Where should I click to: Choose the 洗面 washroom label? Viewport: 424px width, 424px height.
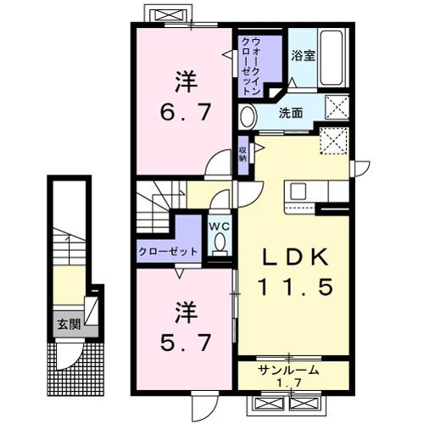[293, 112]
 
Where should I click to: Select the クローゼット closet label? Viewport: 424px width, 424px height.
[168, 252]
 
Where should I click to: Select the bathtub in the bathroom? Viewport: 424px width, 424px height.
[332, 58]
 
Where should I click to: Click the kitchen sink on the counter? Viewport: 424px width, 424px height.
[300, 190]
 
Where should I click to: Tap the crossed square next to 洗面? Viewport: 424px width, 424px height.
[337, 107]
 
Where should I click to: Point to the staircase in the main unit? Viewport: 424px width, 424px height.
[155, 206]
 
